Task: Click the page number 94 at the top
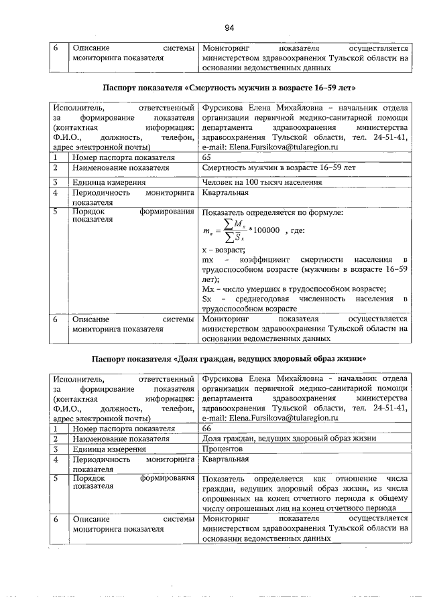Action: pyautogui.click(x=229, y=27)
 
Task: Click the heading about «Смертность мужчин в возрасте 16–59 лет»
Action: pyautogui.click(x=229, y=88)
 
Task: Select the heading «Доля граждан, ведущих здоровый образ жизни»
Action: pyautogui.click(x=229, y=360)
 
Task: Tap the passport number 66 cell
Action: pyautogui.click(x=206, y=428)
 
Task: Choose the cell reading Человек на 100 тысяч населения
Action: pyautogui.click(x=261, y=182)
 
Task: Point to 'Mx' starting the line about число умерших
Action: pyautogui.click(x=207, y=289)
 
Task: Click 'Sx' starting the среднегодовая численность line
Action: pyautogui.click(x=206, y=299)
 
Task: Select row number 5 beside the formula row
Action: pyautogui.click(x=58, y=213)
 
